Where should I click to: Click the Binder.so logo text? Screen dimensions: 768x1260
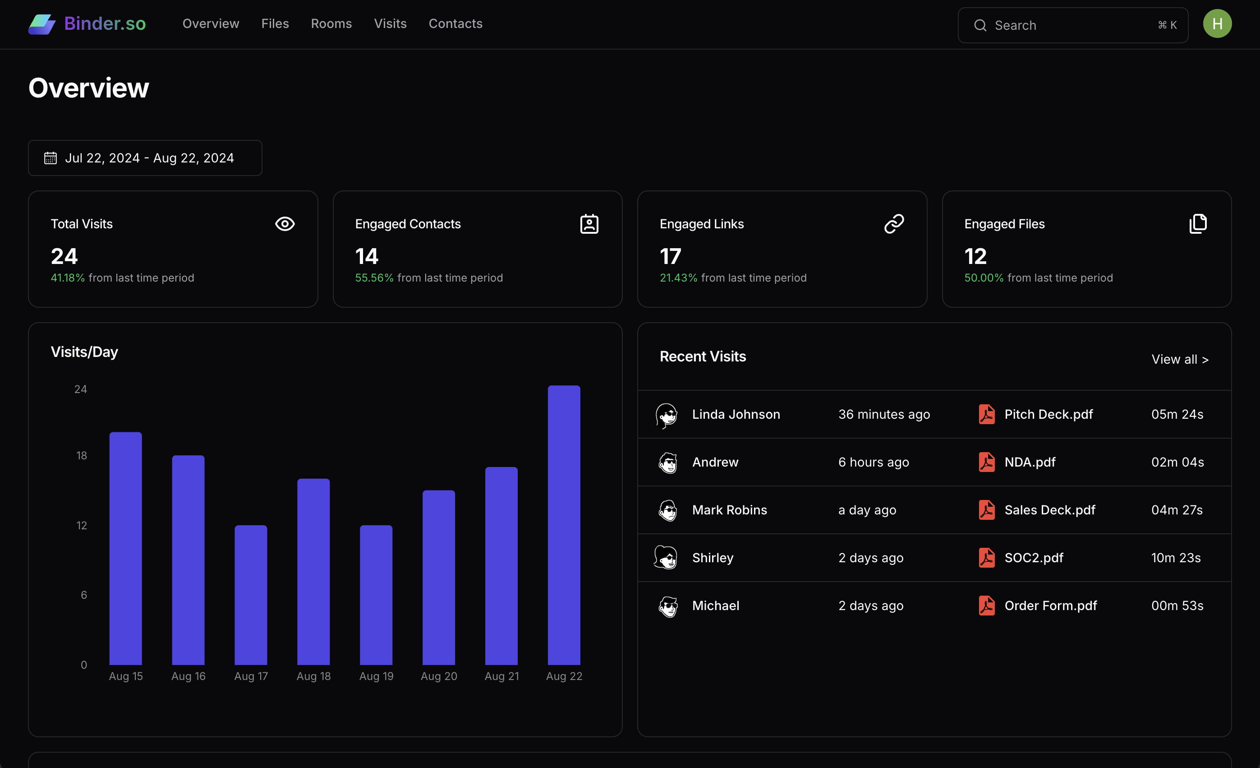pyautogui.click(x=105, y=23)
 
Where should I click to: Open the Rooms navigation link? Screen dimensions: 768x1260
pyautogui.click(x=331, y=23)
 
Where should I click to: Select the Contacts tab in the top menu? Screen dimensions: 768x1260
pyautogui.click(x=455, y=23)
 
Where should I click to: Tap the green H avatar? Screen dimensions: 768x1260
pyautogui.click(x=1217, y=23)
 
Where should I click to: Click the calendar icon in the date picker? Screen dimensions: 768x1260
pyautogui.click(x=50, y=158)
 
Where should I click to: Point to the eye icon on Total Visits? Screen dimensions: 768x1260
pyautogui.click(x=285, y=224)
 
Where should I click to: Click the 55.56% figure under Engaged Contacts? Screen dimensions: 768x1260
pyautogui.click(x=374, y=278)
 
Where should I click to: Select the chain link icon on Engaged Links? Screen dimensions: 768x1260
pyautogui.click(x=894, y=224)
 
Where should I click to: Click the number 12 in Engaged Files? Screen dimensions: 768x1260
pyautogui.click(x=975, y=256)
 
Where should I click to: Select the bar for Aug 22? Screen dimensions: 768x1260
pyautogui.click(x=564, y=524)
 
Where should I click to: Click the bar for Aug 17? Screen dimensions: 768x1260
pyautogui.click(x=251, y=595)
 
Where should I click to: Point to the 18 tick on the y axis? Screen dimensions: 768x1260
pyautogui.click(x=81, y=455)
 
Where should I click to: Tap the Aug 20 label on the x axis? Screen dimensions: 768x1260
pyautogui.click(x=439, y=676)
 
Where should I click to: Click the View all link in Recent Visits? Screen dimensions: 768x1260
pyautogui.click(x=1179, y=359)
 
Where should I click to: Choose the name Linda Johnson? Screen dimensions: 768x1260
pyautogui.click(x=736, y=414)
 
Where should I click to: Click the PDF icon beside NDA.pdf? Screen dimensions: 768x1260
pyautogui.click(x=986, y=462)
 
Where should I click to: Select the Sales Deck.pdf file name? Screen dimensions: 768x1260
pyautogui.click(x=1049, y=510)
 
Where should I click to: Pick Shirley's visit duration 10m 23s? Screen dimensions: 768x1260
pyautogui.click(x=1176, y=558)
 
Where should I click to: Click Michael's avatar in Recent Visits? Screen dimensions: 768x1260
pyautogui.click(x=668, y=606)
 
